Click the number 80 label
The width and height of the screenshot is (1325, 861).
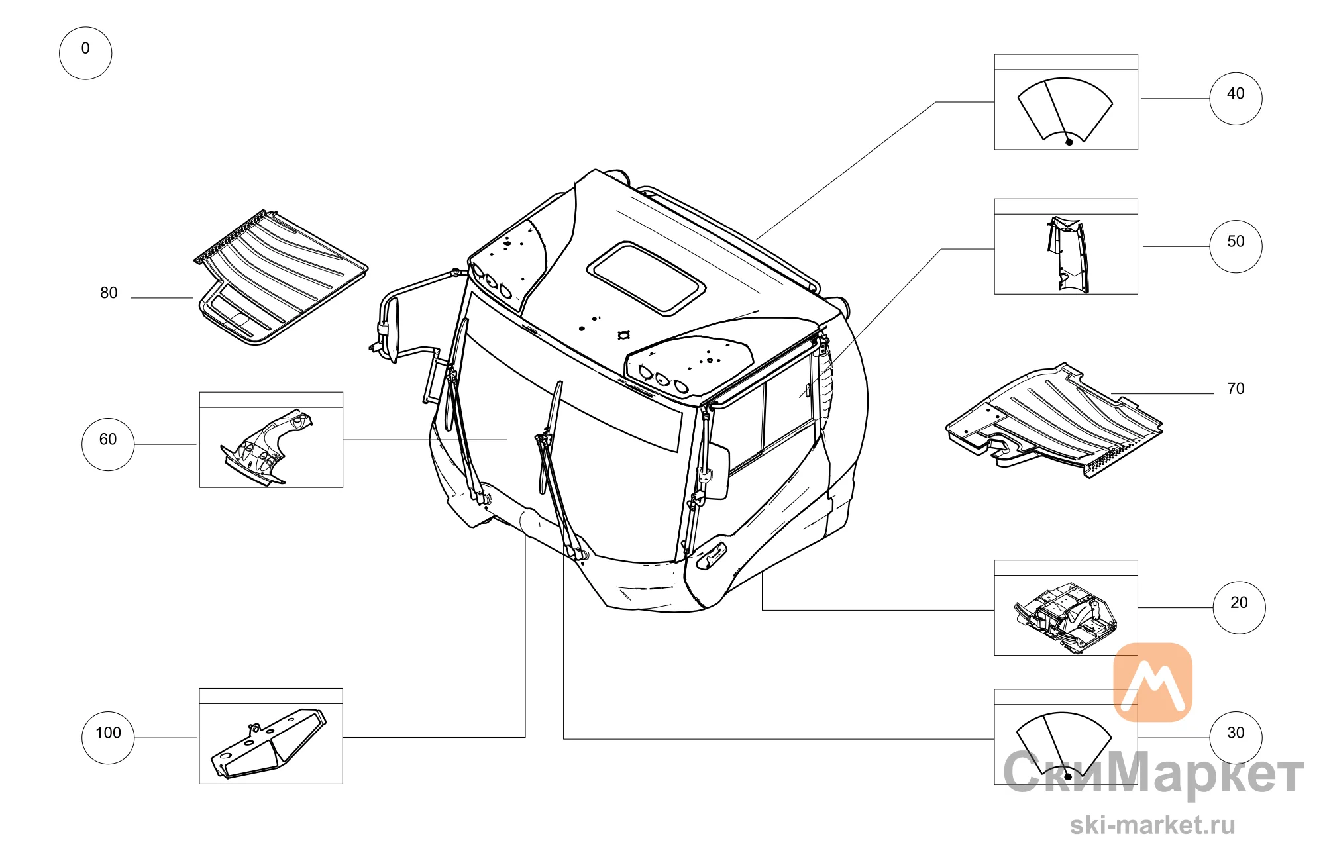tap(109, 293)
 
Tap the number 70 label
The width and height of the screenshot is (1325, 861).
tap(1236, 389)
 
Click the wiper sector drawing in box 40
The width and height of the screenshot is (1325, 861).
tap(1065, 110)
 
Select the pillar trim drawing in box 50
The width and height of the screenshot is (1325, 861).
tap(1068, 254)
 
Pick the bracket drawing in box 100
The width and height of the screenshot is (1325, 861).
tap(268, 744)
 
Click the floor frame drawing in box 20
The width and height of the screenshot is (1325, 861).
tap(1065, 616)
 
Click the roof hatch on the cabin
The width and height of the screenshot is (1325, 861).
tap(646, 278)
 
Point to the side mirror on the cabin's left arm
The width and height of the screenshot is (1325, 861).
tap(393, 329)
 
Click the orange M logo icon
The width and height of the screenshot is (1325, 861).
tap(1153, 682)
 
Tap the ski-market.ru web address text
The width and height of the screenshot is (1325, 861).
tap(1153, 825)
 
